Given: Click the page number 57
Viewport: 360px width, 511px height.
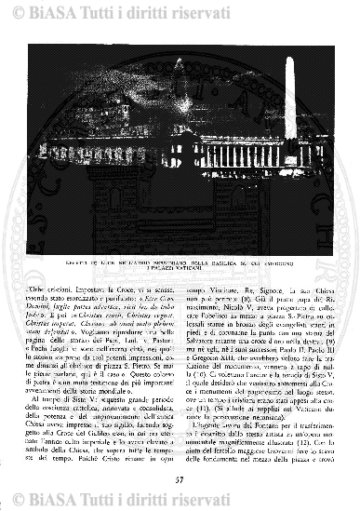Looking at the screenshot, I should [180, 479].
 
